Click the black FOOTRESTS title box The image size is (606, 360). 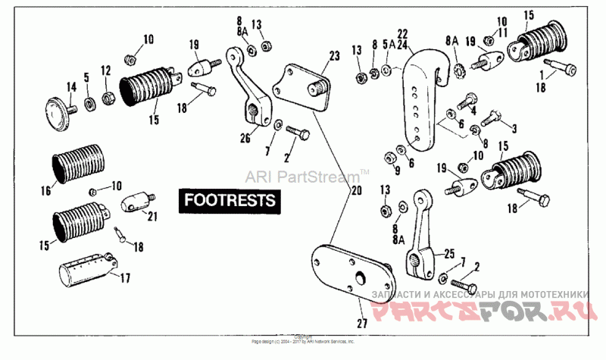(x=228, y=201)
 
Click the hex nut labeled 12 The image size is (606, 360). (x=108, y=98)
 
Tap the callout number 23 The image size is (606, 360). (x=335, y=55)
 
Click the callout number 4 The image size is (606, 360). (x=473, y=109)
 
